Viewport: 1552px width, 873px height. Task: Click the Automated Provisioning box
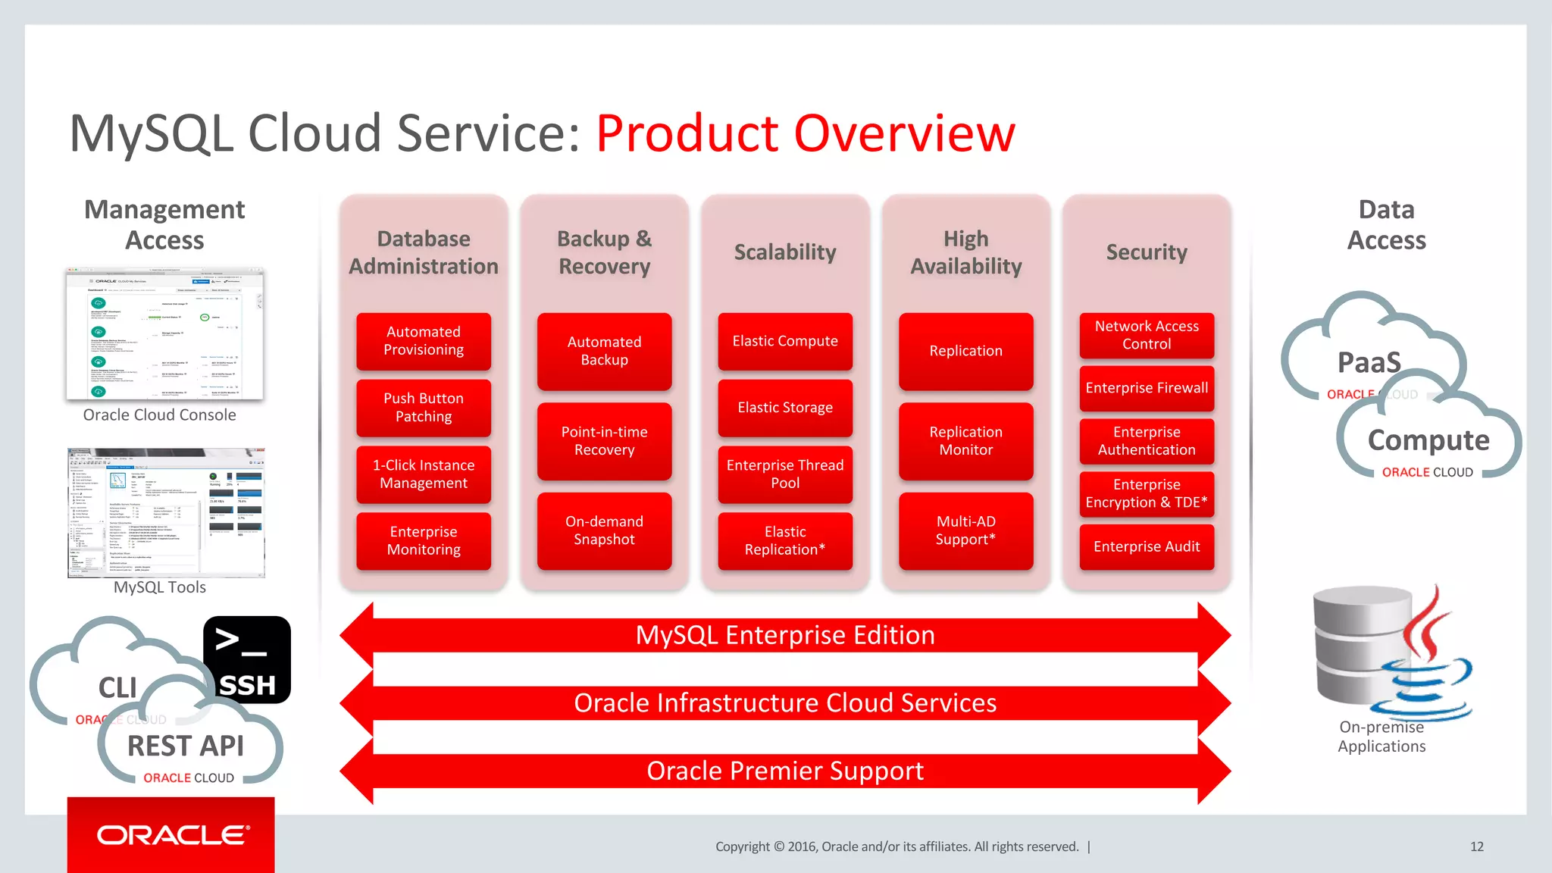(x=424, y=341)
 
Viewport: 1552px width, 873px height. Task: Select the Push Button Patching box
(x=424, y=408)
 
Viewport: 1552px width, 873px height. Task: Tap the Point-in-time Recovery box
(x=604, y=441)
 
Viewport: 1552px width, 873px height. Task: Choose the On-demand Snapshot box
(x=604, y=530)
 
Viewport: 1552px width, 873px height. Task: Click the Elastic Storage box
(x=785, y=408)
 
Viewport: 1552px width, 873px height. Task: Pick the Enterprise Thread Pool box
(x=785, y=474)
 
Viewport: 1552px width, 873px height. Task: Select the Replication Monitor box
(x=965, y=441)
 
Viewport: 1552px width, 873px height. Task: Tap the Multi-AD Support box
(x=965, y=530)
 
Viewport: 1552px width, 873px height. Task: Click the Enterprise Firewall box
(x=1147, y=388)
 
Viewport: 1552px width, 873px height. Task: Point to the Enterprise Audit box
(x=1147, y=546)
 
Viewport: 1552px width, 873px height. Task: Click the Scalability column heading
(x=785, y=252)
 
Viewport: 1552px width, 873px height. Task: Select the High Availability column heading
(x=965, y=252)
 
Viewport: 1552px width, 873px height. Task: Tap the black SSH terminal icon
(x=247, y=659)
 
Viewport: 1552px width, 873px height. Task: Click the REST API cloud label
(x=186, y=746)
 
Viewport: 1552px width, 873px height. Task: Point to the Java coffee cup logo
(x=1425, y=659)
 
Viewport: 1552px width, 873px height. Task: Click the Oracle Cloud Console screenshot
(x=164, y=334)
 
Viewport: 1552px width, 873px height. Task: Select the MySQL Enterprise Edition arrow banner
(x=785, y=635)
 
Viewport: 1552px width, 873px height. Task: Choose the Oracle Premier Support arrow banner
(x=785, y=771)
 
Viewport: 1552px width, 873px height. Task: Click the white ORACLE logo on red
(x=173, y=835)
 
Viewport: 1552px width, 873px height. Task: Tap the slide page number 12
(x=1476, y=846)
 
